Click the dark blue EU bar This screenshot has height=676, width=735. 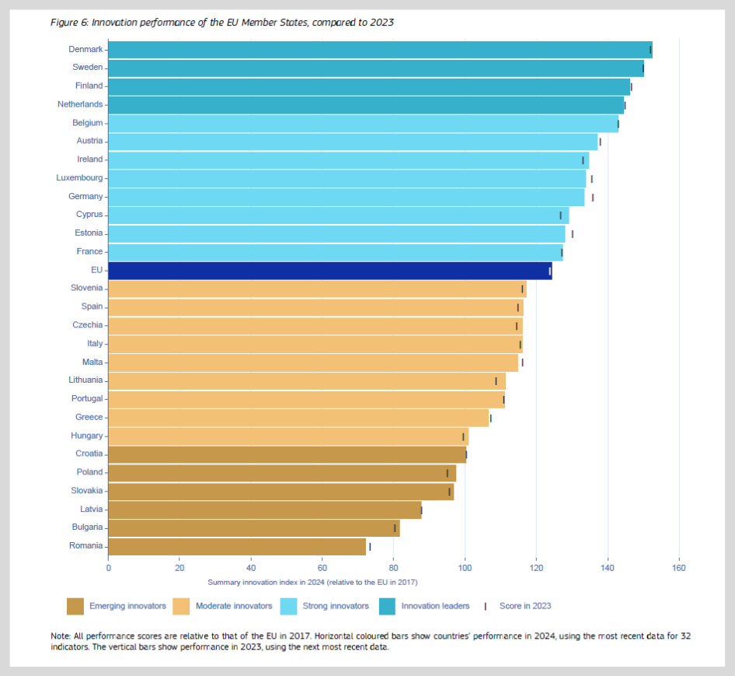click(329, 271)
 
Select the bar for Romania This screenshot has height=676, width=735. click(237, 546)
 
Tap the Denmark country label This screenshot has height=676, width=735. click(85, 49)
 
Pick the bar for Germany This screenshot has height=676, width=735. click(346, 197)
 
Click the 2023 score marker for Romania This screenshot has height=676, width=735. click(370, 547)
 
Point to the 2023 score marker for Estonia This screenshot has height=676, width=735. click(573, 233)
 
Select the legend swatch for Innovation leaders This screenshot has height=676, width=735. click(388, 606)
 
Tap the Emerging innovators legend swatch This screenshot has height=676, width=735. click(75, 606)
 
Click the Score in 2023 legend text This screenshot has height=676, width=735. click(525, 606)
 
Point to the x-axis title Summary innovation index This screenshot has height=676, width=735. click(312, 583)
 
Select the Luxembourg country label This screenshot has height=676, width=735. click(79, 178)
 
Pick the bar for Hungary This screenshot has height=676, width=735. click(287, 436)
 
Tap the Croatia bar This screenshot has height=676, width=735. click(287, 454)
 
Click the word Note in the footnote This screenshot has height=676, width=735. click(61, 636)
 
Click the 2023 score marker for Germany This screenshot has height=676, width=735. click(593, 197)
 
